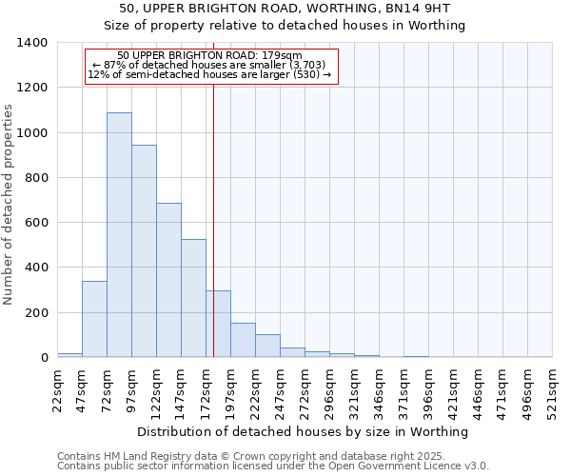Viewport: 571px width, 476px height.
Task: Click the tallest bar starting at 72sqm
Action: (x=119, y=235)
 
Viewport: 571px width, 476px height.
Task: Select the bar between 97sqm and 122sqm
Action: (x=144, y=251)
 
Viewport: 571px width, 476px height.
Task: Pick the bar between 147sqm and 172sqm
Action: (x=193, y=298)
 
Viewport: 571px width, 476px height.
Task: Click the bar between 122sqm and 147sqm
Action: (x=168, y=280)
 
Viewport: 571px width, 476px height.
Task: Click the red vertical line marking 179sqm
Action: (x=213, y=219)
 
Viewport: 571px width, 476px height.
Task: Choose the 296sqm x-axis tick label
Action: (x=330, y=390)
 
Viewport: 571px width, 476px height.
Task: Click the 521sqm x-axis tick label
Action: (x=553, y=390)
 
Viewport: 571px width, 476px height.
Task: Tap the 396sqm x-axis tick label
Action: (x=429, y=390)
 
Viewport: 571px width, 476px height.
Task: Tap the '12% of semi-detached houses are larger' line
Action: (x=209, y=74)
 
